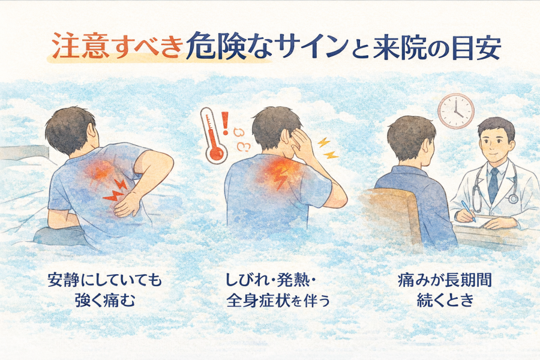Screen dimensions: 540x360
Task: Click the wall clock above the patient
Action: [x=456, y=111]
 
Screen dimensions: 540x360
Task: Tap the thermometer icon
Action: [x=214, y=136]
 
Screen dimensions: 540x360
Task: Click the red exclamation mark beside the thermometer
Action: [x=226, y=123]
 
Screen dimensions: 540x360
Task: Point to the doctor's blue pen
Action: [x=469, y=211]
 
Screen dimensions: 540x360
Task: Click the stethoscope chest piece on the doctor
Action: [x=513, y=199]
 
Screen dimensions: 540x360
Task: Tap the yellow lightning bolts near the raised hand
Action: [x=328, y=148]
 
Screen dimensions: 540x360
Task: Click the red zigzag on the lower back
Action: [x=115, y=191]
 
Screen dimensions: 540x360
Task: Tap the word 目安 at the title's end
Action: [x=476, y=47]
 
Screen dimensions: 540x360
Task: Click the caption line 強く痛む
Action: [x=104, y=301]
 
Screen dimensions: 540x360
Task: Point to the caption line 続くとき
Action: [x=445, y=301]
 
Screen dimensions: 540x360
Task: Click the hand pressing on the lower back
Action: [x=127, y=205]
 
